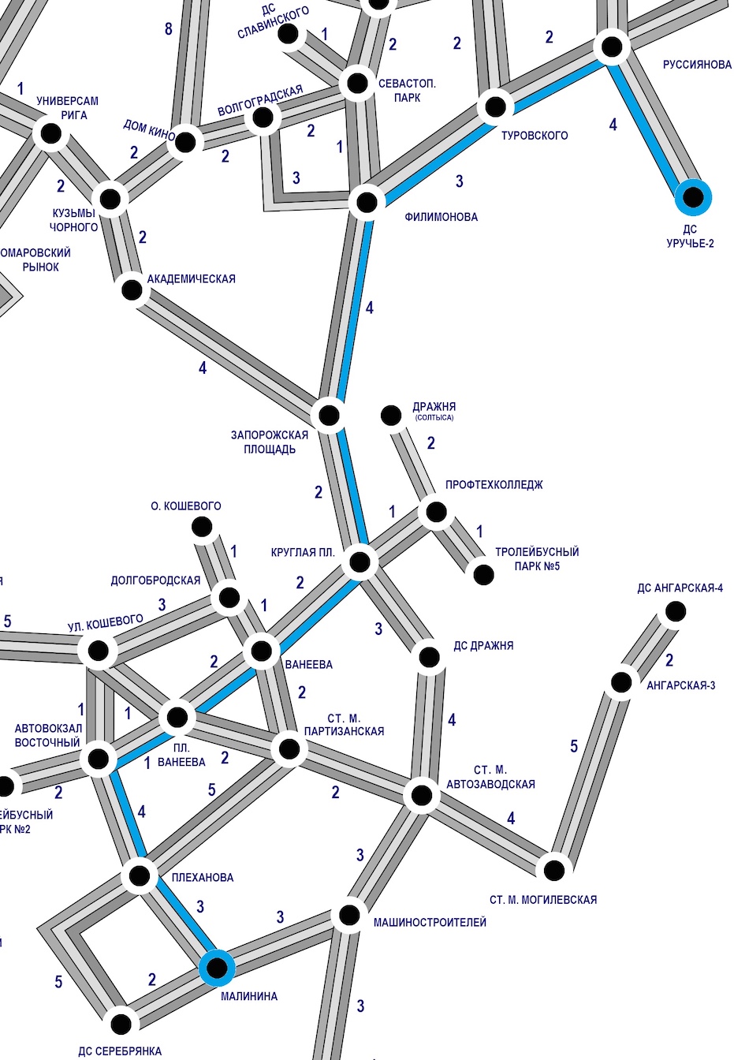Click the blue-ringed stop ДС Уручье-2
click(x=693, y=196)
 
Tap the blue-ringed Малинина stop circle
click(x=217, y=967)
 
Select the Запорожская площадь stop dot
click(x=329, y=415)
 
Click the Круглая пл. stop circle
click(x=360, y=562)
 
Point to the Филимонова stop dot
click(x=367, y=203)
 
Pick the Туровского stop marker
click(x=495, y=106)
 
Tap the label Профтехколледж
click(x=494, y=485)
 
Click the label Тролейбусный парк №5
click(x=536, y=558)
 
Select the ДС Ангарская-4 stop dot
click(x=675, y=611)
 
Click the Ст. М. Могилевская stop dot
click(x=554, y=870)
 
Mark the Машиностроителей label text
click(x=430, y=922)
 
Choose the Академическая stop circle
click(x=132, y=290)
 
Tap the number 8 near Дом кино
click(x=169, y=30)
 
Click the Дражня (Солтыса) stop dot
click(x=391, y=415)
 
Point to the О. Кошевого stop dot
click(x=202, y=527)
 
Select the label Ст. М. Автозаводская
click(x=490, y=777)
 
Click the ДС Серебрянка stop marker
click(x=121, y=1024)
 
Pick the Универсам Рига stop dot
click(x=51, y=133)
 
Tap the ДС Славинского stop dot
click(x=289, y=34)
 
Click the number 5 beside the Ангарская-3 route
click(x=574, y=746)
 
